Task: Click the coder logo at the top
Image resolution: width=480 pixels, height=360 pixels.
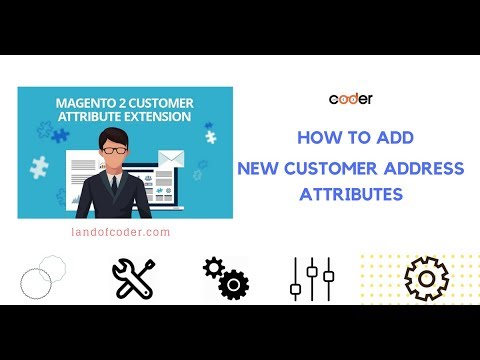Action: click(x=350, y=98)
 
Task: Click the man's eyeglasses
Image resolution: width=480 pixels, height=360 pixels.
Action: click(x=116, y=149)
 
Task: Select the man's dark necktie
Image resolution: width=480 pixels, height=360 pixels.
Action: click(x=116, y=187)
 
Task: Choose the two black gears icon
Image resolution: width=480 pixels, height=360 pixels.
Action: click(x=225, y=277)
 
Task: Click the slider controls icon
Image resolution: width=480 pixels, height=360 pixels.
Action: click(x=310, y=278)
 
